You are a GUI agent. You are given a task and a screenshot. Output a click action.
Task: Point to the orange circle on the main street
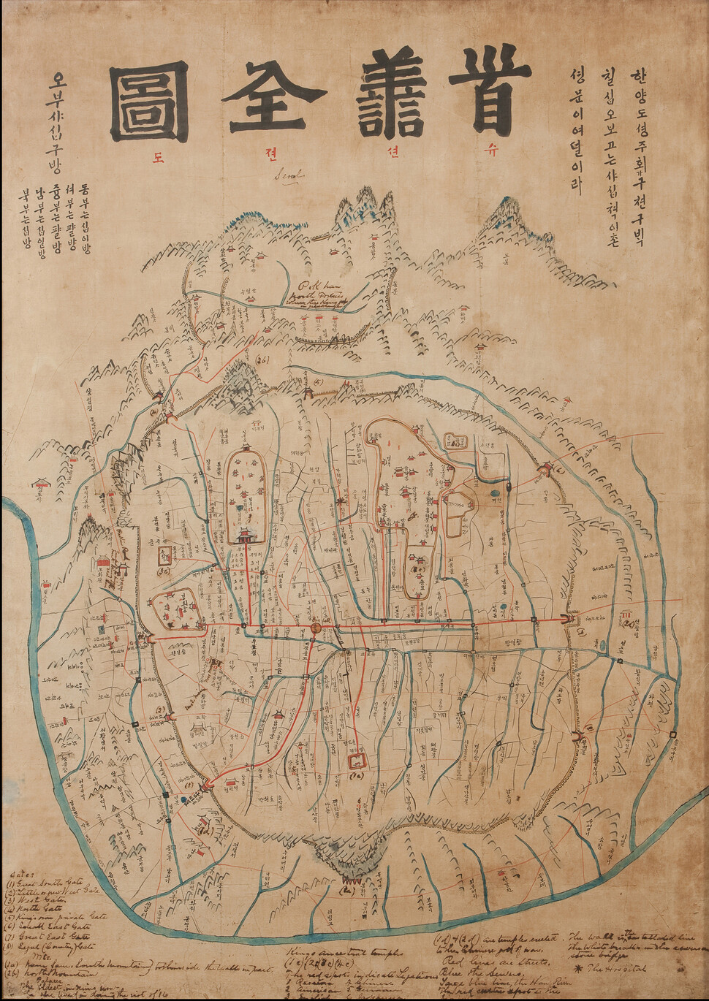[316, 628]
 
